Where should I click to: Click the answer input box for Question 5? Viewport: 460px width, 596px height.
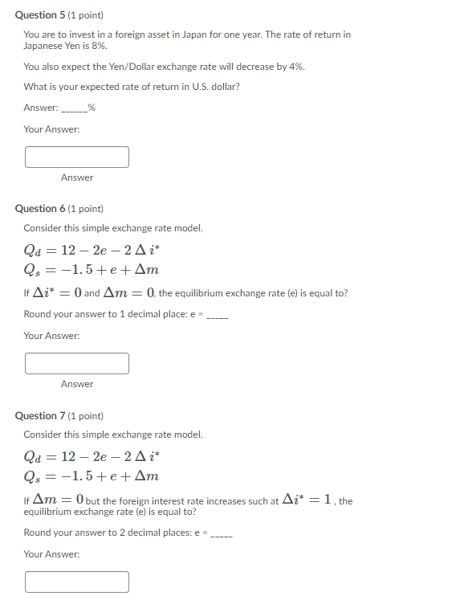click(77, 157)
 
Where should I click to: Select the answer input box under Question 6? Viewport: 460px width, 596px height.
click(77, 363)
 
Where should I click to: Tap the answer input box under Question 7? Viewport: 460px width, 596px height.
click(77, 581)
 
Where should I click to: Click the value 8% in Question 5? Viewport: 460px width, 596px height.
click(99, 47)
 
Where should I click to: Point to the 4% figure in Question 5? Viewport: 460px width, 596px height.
click(296, 67)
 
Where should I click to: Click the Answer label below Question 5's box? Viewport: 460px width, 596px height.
click(77, 178)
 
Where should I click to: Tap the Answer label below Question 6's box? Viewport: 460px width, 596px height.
click(77, 384)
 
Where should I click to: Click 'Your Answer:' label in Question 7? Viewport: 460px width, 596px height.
click(51, 554)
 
